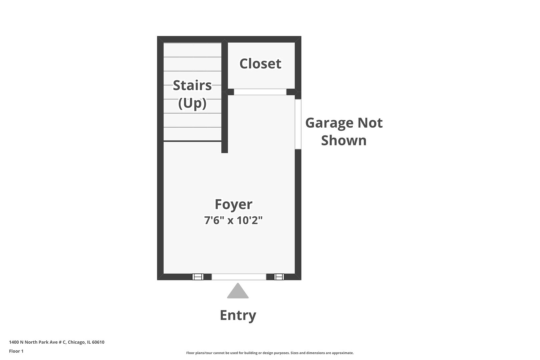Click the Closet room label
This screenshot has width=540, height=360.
pos(260,64)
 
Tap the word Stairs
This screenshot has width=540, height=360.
pos(192,85)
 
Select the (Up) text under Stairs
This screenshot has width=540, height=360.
pos(192,103)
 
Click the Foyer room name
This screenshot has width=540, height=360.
pos(233,204)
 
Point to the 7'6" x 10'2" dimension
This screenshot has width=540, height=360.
pos(233,220)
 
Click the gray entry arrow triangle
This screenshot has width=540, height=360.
pos(238,292)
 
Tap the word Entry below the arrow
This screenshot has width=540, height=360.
pos(238,315)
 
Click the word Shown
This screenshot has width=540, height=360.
pos(344,140)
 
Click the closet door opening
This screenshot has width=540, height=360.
pos(260,92)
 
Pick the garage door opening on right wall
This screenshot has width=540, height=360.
pos(298,124)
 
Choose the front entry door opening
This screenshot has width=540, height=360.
pos(239,277)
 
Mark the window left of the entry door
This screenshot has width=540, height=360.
pos(198,277)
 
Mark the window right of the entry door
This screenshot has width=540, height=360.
pos(279,277)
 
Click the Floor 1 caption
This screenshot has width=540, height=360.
pos(16,351)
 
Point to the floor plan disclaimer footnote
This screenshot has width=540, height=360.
pos(270,353)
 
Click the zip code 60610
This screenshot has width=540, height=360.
pos(98,342)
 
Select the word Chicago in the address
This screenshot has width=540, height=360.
pos(76,342)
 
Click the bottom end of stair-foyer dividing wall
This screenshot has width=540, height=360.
pos(225,151)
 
